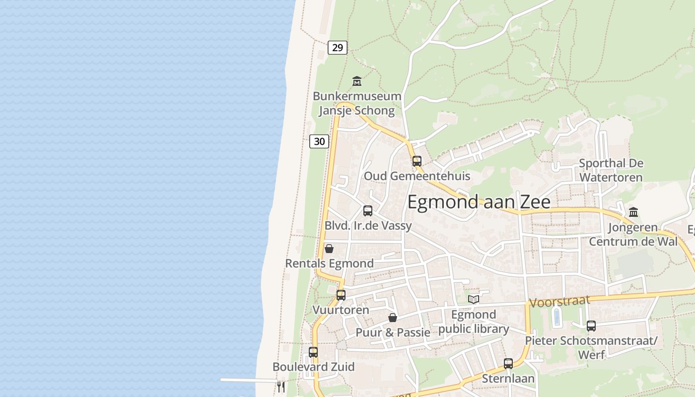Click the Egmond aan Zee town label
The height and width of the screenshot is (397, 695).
pos(479,202)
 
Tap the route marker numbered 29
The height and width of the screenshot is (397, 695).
pos(338,48)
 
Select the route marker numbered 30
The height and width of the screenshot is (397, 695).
pos(319,141)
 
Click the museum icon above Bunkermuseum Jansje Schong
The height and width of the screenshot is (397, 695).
pos(356,81)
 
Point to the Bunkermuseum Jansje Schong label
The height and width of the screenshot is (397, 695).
pos(356,103)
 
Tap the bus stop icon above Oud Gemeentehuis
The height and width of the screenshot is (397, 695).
pos(417,161)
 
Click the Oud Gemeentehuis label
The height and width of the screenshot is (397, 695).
pos(417,176)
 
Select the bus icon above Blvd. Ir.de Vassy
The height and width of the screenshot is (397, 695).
pos(367,210)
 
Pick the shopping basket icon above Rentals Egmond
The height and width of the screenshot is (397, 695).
pos(329,249)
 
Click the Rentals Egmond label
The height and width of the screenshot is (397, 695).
pos(329,264)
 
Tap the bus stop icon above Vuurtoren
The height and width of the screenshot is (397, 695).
pos(341,295)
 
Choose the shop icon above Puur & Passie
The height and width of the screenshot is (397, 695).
pos(392,318)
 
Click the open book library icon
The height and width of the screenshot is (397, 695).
pos(474,299)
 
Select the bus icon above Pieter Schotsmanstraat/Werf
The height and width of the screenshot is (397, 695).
pos(591,326)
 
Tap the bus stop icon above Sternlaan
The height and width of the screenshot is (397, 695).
pos(508,364)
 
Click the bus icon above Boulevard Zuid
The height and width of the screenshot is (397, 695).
pos(313,352)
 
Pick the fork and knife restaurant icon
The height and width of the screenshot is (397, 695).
pos(281,387)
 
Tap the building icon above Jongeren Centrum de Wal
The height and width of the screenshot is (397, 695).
pos(633,212)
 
